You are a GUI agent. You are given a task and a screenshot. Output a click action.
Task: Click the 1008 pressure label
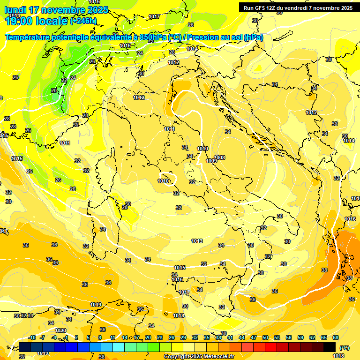pos(219,157)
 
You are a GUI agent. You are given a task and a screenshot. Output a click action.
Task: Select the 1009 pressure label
pos(211,161)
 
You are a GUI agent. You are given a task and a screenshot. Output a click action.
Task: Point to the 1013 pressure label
pos(197,241)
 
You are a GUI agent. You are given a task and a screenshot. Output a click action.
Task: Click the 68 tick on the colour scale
pos(336,337)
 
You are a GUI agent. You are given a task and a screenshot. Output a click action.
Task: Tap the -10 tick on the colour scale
pos(32,337)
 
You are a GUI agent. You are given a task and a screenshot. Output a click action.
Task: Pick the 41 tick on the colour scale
pos(230,337)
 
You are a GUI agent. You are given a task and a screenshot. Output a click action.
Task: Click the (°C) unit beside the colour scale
pos(344,347)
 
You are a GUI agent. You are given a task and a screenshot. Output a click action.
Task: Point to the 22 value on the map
pos(64,80)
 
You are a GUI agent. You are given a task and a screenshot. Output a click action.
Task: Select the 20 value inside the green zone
pos(53,90)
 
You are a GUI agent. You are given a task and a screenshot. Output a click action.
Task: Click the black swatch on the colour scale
pos(330,347)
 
